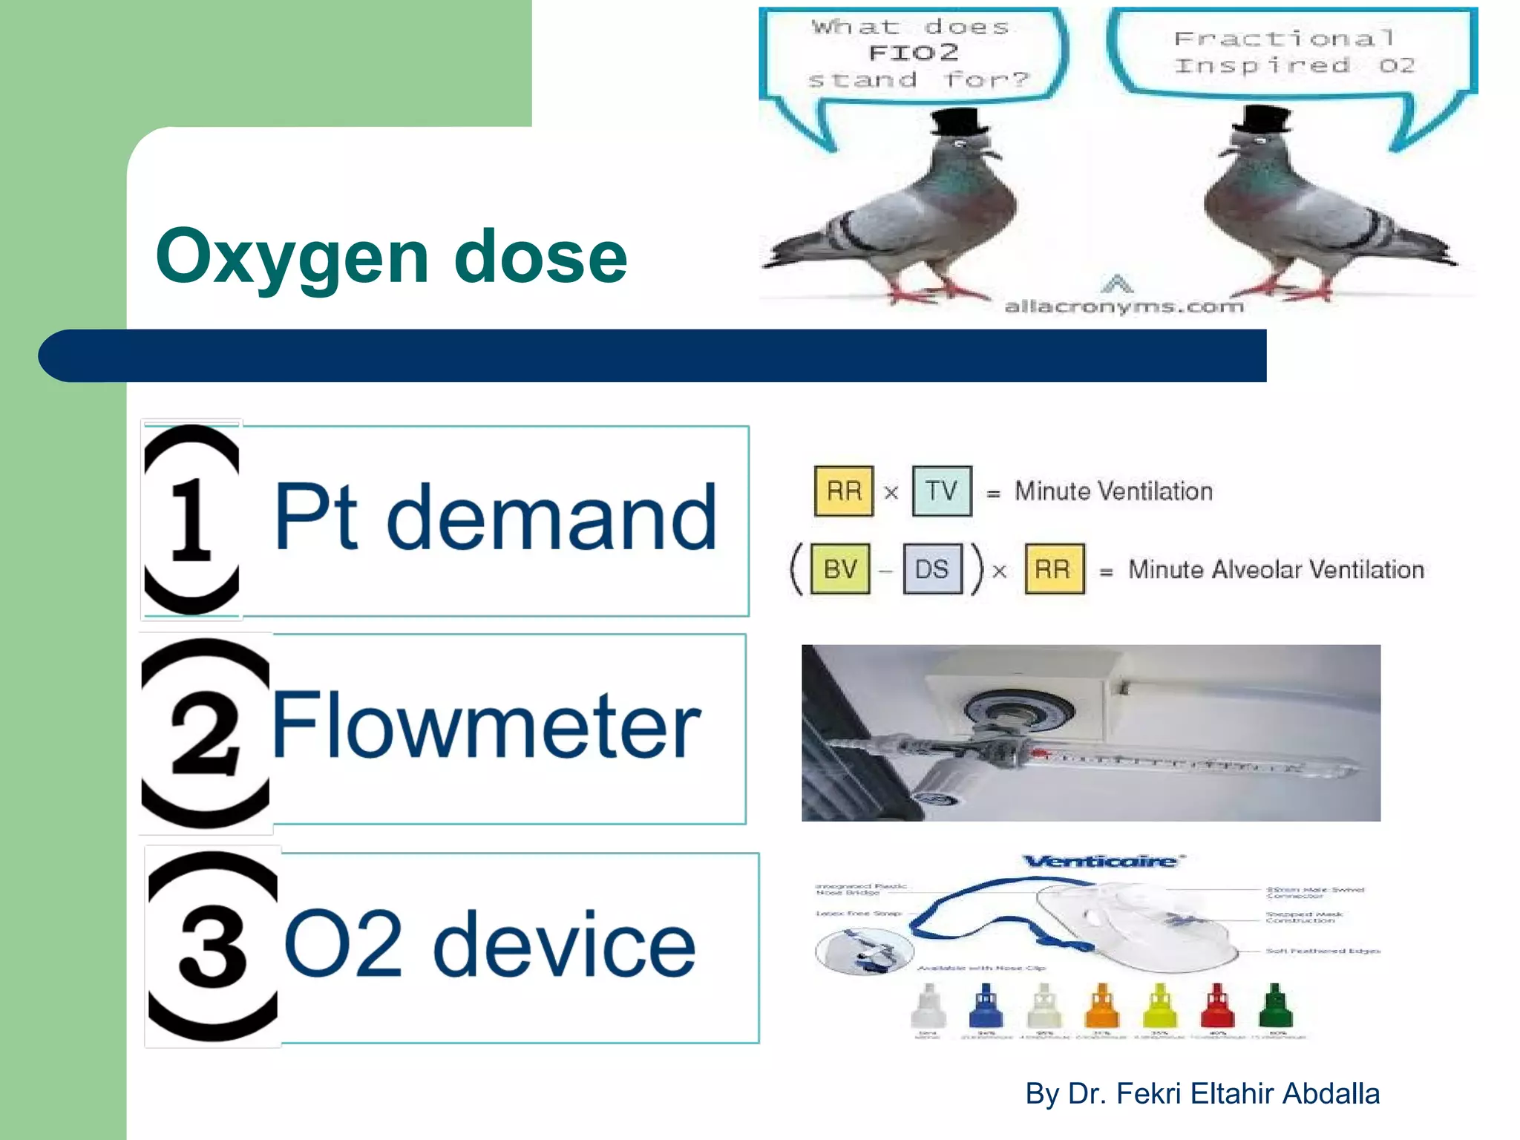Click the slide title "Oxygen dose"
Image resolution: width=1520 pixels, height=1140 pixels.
point(391,257)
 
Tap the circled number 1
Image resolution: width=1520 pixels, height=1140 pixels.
point(191,519)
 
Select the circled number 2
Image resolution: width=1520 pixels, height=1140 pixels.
point(206,733)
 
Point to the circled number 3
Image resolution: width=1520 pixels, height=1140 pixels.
point(213,946)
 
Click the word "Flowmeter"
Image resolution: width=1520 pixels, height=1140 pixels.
point(486,725)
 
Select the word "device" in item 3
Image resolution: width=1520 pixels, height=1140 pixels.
point(564,944)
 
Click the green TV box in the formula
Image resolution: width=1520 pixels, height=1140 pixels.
point(941,491)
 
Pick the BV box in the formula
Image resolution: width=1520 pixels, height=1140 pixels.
point(840,569)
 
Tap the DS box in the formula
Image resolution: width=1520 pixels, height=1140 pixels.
point(932,569)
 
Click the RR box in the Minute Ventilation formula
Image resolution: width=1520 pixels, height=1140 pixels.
point(844,491)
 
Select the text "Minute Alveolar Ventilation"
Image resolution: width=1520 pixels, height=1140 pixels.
point(1276,569)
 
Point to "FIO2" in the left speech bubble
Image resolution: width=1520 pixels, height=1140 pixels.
point(913,53)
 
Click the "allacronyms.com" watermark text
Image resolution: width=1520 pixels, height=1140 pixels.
point(1124,306)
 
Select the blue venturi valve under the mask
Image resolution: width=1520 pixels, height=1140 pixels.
point(986,1006)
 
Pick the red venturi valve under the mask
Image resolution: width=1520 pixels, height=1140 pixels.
point(1217,1006)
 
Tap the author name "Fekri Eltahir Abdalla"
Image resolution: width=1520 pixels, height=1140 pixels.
point(1247,1093)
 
